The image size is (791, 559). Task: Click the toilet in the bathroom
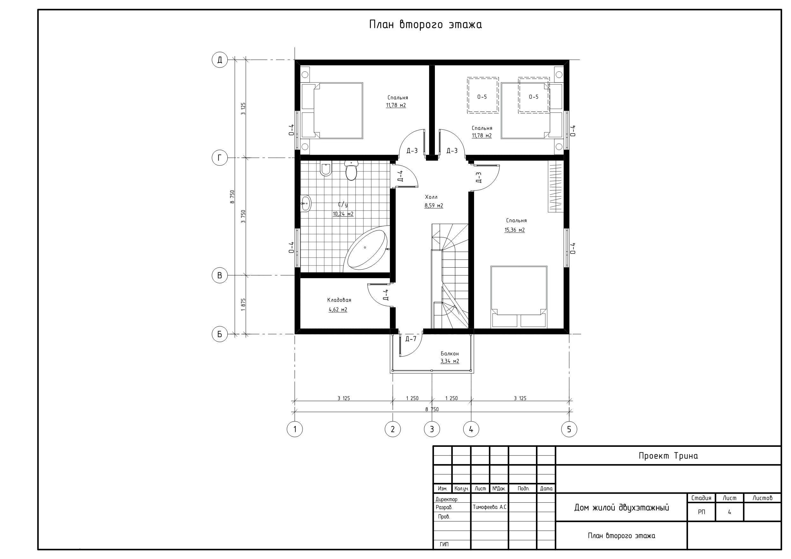tap(351, 170)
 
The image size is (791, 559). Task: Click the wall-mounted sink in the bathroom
tap(305, 203)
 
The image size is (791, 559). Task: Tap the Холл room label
tap(431, 197)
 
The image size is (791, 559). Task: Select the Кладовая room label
tap(339, 300)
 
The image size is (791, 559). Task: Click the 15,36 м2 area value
tap(515, 230)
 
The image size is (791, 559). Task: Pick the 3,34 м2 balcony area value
tap(450, 361)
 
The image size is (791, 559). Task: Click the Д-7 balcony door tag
tap(411, 339)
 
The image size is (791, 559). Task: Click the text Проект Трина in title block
tap(668, 456)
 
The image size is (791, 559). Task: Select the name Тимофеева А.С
tap(489, 507)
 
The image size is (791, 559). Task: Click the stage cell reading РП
tap(701, 512)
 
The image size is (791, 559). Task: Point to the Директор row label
tap(446, 499)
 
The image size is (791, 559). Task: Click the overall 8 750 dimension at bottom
tap(432, 409)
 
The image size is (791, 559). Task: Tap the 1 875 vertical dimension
tap(243, 304)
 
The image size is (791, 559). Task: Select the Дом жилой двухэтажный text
tap(621, 507)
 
